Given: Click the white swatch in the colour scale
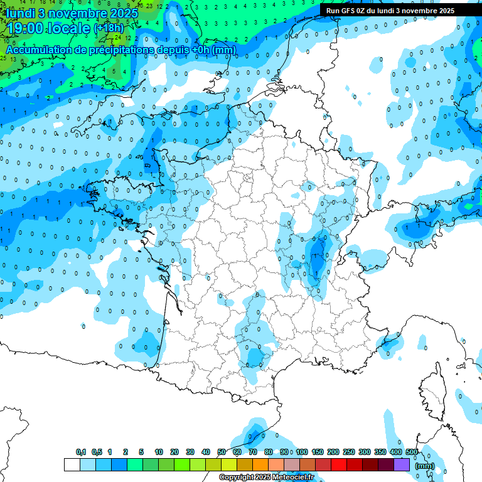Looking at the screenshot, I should tap(72, 465).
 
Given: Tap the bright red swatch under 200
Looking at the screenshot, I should tap(339, 465).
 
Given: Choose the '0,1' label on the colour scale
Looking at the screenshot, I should tap(81, 452).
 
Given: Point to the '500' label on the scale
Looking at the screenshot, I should tap(412, 452).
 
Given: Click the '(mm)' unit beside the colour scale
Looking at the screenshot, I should tap(425, 466).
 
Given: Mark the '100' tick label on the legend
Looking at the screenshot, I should tap(302, 452).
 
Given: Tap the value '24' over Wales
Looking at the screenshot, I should tap(117, 72).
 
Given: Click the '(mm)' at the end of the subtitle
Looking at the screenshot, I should tap(224, 49).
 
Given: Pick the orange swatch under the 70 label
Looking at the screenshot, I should tap(260, 465).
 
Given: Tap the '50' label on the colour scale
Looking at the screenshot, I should tap(222, 452).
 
